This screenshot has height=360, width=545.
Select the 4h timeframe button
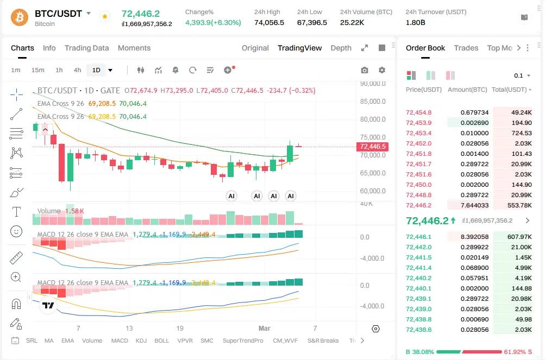point(78,70)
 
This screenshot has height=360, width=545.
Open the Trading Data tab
point(86,48)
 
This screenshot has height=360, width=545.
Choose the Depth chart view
point(341,48)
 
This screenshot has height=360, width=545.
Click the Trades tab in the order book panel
point(466,48)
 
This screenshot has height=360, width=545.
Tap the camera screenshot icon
point(365,70)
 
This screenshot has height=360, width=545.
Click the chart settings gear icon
point(382,70)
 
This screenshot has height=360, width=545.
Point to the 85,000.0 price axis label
point(373,102)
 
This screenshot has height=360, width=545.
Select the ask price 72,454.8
point(418,112)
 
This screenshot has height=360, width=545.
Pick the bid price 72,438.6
point(418,330)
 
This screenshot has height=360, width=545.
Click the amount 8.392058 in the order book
point(474,237)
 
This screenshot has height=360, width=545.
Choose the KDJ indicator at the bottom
point(141,340)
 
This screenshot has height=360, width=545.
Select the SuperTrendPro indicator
point(243,340)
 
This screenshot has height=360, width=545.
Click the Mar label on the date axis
point(265,328)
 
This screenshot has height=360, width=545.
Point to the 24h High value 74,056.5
point(269,22)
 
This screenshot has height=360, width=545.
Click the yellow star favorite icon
point(104,17)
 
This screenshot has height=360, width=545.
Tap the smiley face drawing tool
point(16,231)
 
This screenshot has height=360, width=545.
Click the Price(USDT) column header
point(423,90)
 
